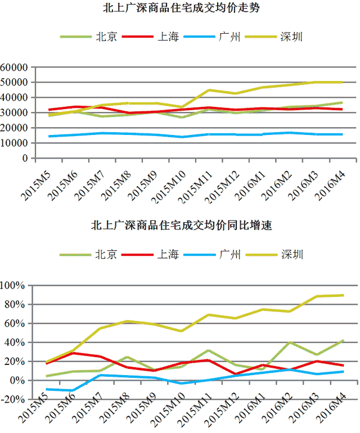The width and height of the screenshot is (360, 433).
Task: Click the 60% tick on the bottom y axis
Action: tap(15, 324)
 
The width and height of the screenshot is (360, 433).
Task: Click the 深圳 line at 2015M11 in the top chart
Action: tap(209, 90)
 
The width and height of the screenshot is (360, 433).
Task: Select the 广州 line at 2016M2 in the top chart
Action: tap(289, 133)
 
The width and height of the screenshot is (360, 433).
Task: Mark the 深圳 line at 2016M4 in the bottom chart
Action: tap(343, 295)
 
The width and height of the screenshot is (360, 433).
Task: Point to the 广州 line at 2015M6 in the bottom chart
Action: tap(73, 390)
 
